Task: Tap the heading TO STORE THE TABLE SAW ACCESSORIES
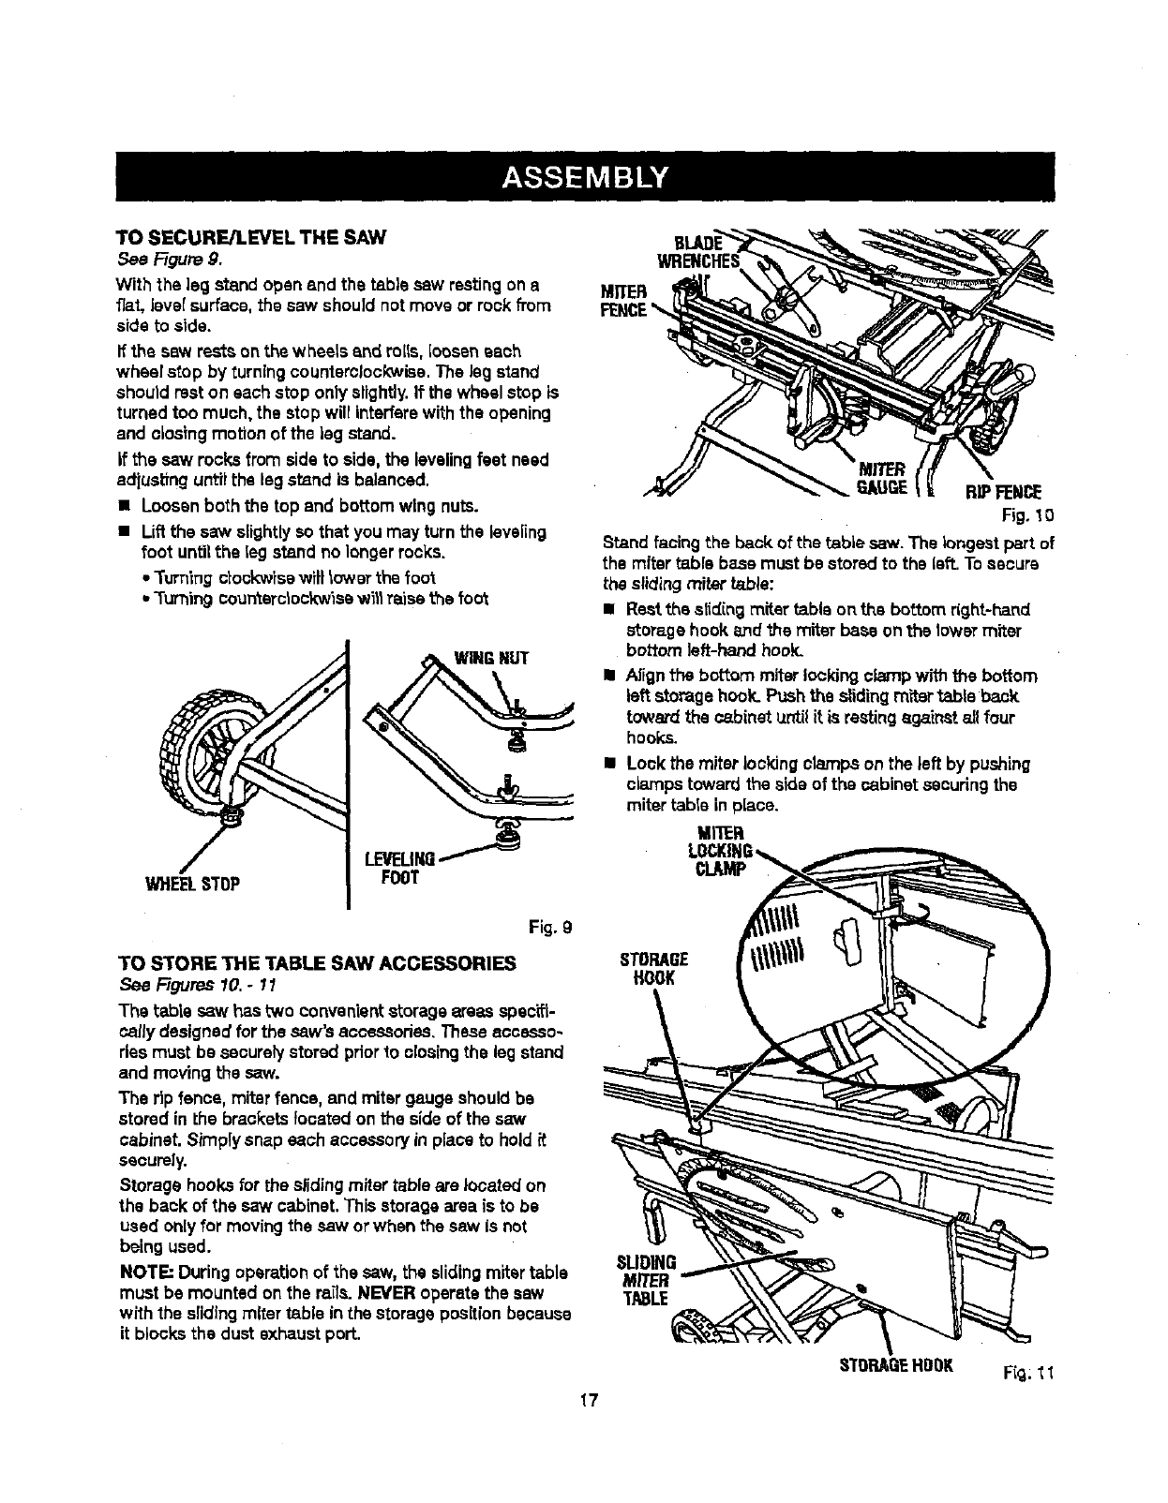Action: (x=316, y=962)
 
